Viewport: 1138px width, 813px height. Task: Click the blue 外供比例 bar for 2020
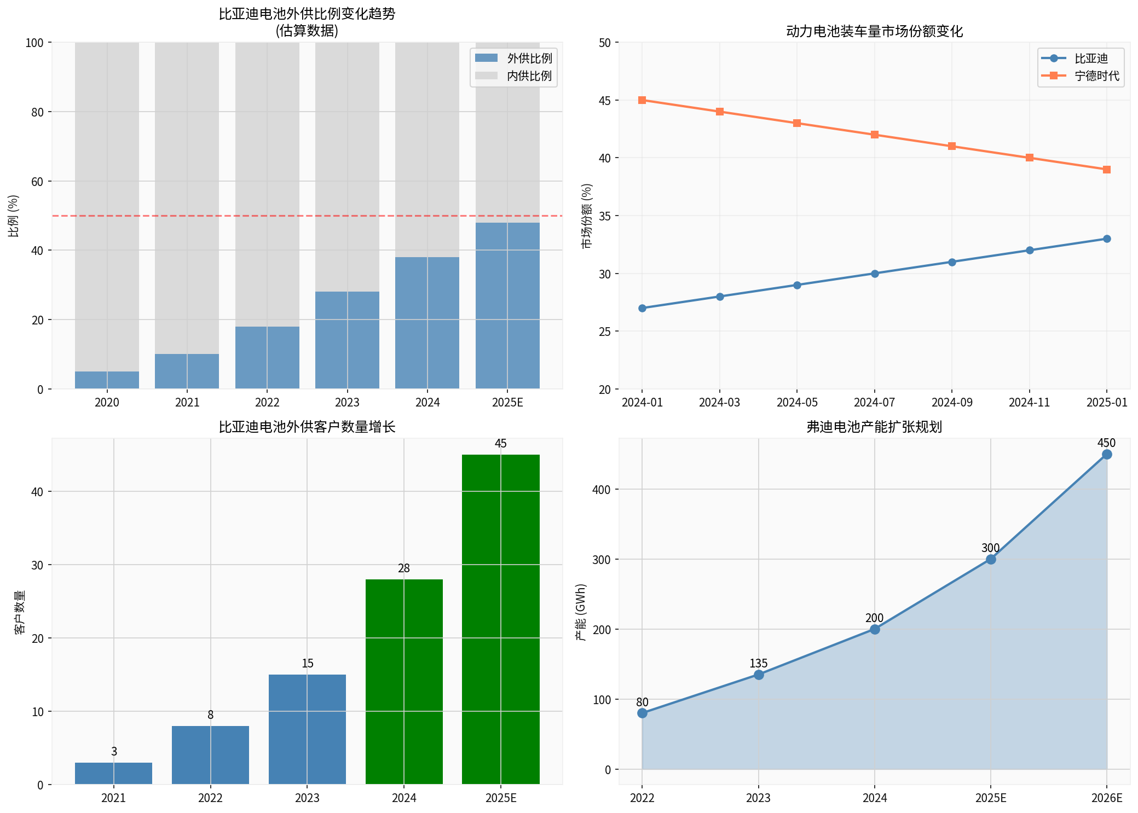click(x=107, y=380)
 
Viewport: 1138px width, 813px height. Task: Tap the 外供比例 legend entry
click(x=513, y=59)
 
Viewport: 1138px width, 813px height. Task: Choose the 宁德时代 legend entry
click(x=1081, y=76)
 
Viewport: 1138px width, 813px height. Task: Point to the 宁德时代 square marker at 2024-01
click(x=642, y=100)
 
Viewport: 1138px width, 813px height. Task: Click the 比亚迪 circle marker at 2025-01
click(x=1107, y=239)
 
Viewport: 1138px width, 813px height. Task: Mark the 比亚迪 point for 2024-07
click(x=875, y=274)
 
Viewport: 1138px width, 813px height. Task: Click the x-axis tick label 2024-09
click(x=952, y=403)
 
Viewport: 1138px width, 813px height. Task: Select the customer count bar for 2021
click(x=114, y=773)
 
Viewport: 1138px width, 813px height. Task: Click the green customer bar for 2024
click(x=404, y=681)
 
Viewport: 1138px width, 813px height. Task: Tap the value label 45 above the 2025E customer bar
click(x=501, y=444)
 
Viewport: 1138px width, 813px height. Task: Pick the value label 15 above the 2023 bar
click(x=308, y=664)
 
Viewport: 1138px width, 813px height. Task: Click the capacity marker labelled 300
click(x=991, y=559)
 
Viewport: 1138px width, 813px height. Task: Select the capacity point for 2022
click(x=642, y=713)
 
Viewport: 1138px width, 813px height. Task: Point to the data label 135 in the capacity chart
click(x=759, y=664)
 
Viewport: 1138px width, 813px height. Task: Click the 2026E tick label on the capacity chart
click(x=1107, y=798)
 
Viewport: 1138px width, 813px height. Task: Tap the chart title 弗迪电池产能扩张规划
click(x=874, y=427)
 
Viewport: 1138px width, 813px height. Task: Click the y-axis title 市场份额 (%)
click(x=587, y=216)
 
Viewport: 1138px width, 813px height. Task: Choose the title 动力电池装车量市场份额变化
click(x=874, y=31)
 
